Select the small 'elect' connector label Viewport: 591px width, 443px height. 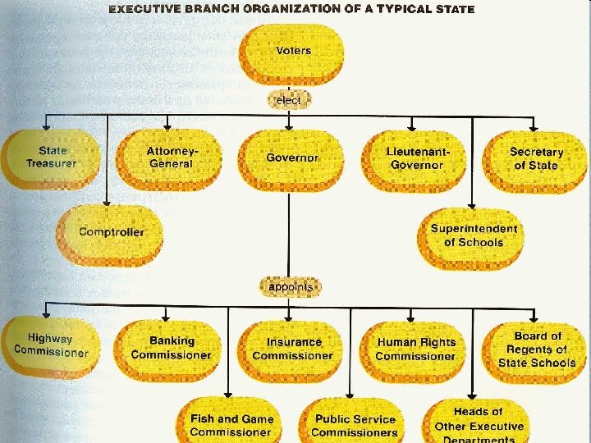point(289,100)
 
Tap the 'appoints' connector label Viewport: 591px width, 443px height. point(291,287)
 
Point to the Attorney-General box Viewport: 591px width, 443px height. point(171,158)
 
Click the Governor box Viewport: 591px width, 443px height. point(292,158)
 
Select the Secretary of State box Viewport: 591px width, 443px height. point(535,159)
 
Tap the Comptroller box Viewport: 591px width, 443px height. point(111,233)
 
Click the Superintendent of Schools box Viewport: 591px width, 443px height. point(474,236)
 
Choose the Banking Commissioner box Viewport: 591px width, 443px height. point(171,349)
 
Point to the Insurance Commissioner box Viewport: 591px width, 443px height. point(293,349)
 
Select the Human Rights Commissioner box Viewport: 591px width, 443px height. point(415,349)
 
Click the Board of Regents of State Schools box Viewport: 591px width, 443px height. point(537,349)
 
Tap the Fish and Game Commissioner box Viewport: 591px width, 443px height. point(231,425)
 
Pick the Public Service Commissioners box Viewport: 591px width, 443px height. point(355,425)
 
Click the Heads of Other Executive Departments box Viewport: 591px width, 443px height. point(479,424)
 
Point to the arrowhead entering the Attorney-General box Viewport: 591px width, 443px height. point(167,126)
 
